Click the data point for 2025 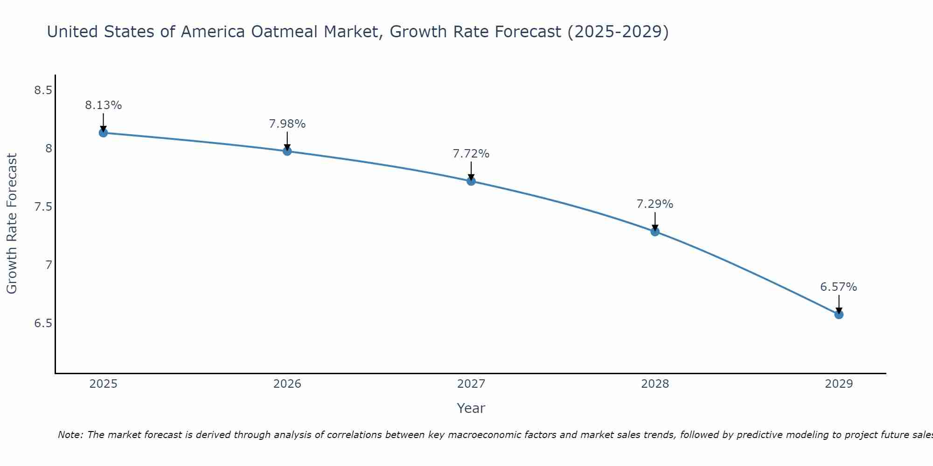click(103, 133)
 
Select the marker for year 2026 click(287, 151)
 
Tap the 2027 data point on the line click(471, 181)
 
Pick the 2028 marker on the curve click(655, 232)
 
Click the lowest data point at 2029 click(839, 315)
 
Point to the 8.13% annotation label click(103, 105)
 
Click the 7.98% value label click(287, 124)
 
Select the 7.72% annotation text click(471, 154)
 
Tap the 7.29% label click(655, 204)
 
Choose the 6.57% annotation click(839, 287)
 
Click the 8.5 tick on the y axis click(43, 90)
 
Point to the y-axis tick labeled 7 click(49, 265)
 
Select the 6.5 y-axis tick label click(43, 323)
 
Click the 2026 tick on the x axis click(287, 384)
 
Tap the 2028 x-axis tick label click(655, 384)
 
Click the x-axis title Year click(471, 408)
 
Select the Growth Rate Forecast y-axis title click(12, 224)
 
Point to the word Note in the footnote click(70, 435)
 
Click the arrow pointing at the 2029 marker click(839, 304)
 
